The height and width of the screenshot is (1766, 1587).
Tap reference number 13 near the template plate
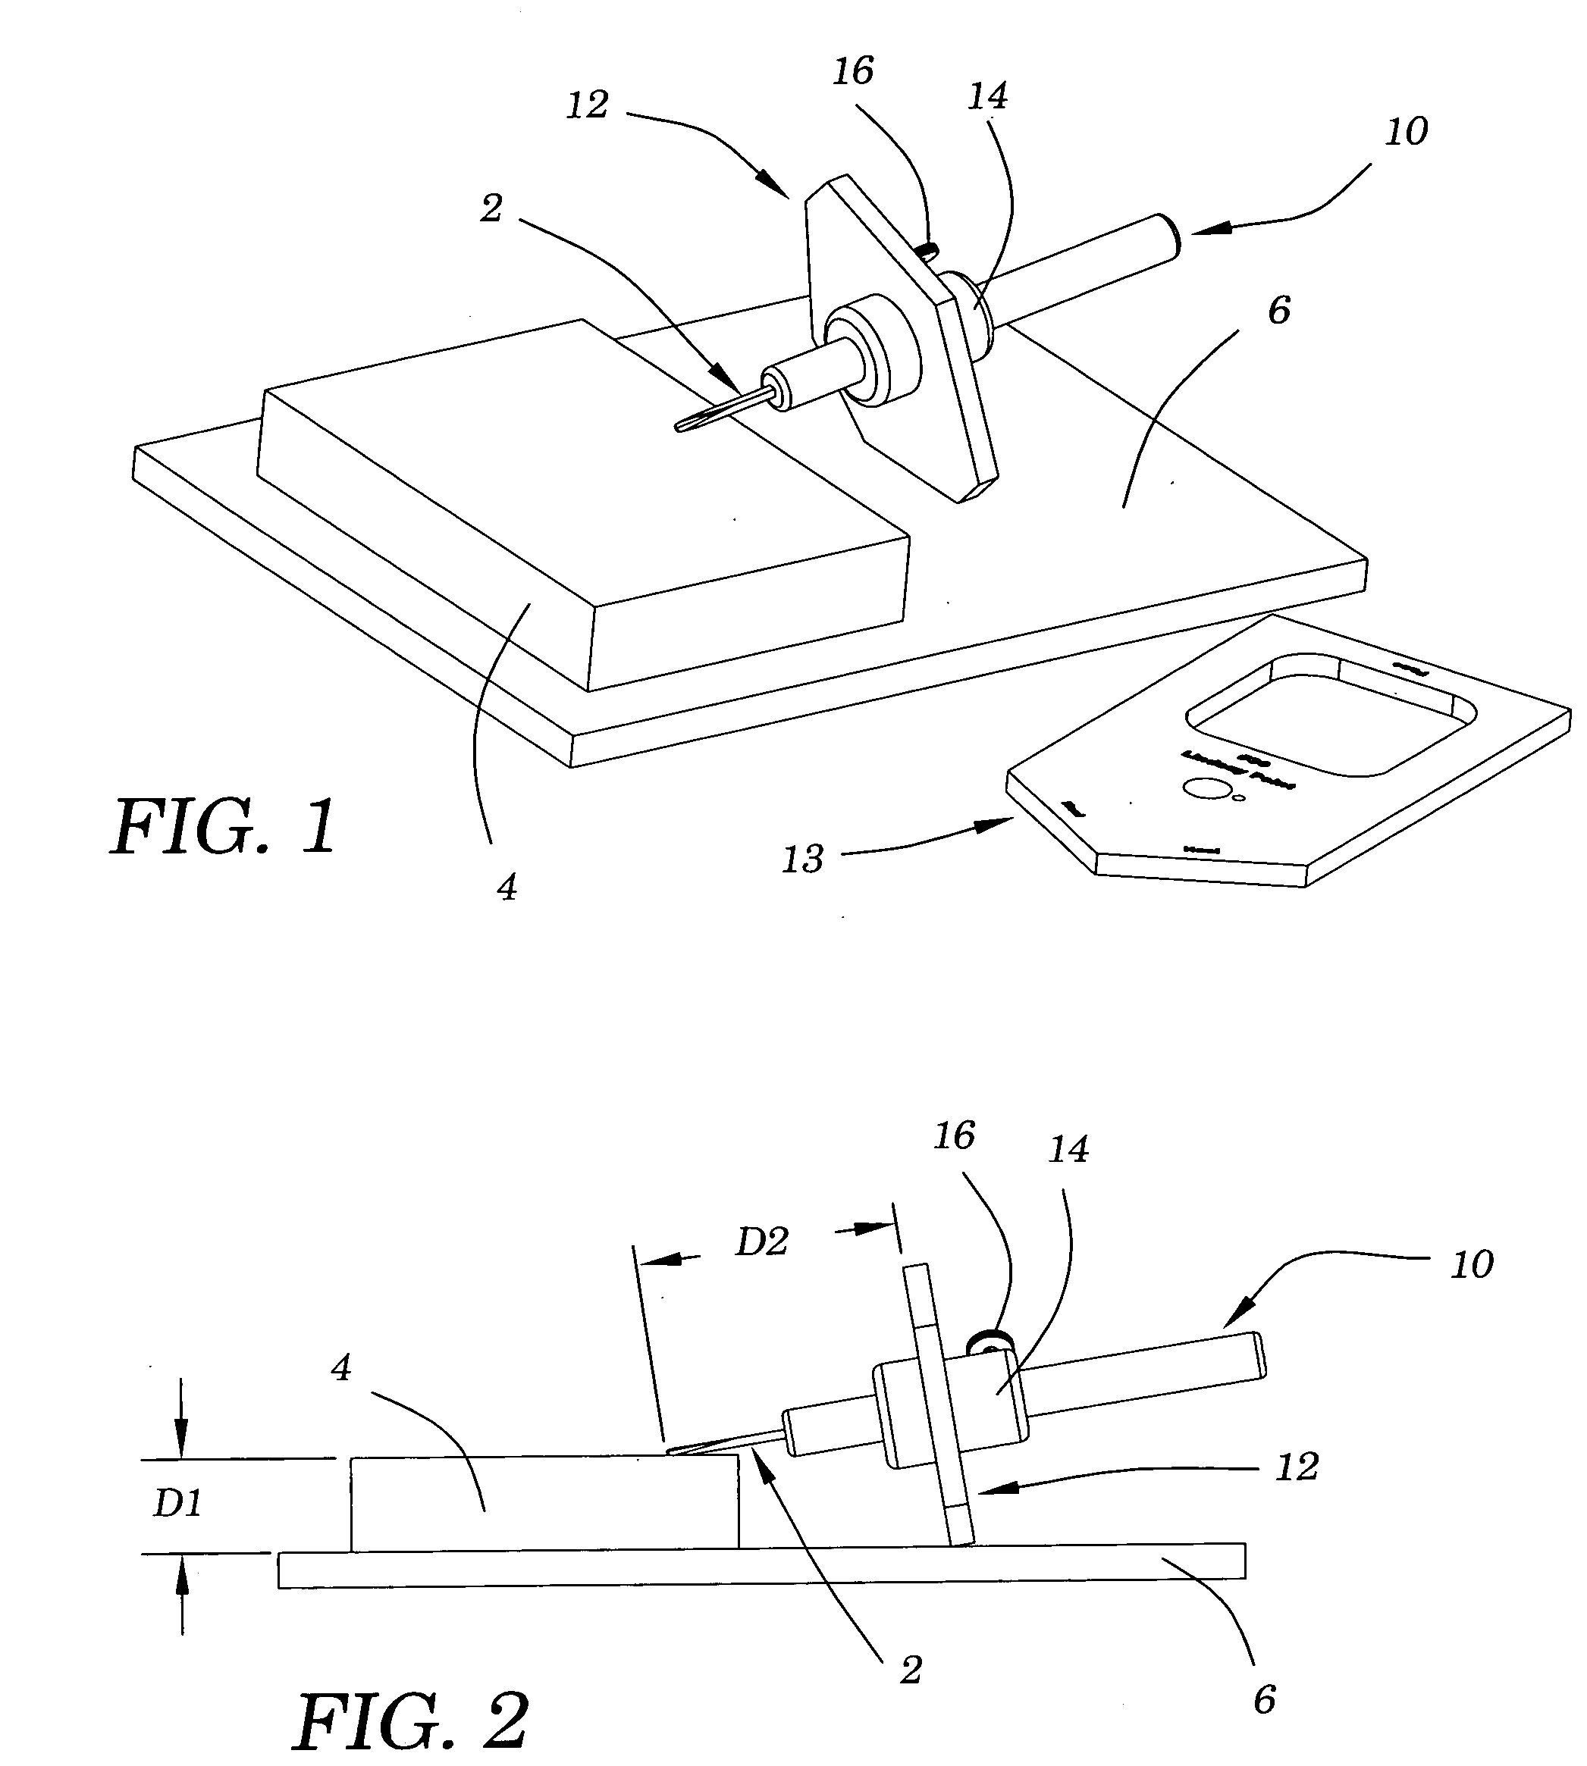(x=802, y=860)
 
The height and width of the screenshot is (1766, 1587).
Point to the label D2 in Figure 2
(x=761, y=1242)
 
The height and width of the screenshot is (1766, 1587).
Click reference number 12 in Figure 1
(x=587, y=105)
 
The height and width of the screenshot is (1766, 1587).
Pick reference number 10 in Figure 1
(x=1406, y=132)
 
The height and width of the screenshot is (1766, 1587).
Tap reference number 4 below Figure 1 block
(x=507, y=888)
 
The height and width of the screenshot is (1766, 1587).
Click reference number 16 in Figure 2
(x=954, y=1136)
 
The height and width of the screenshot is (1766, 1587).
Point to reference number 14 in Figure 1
(x=988, y=96)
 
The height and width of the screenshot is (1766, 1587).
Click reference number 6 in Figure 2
(x=1265, y=1700)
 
